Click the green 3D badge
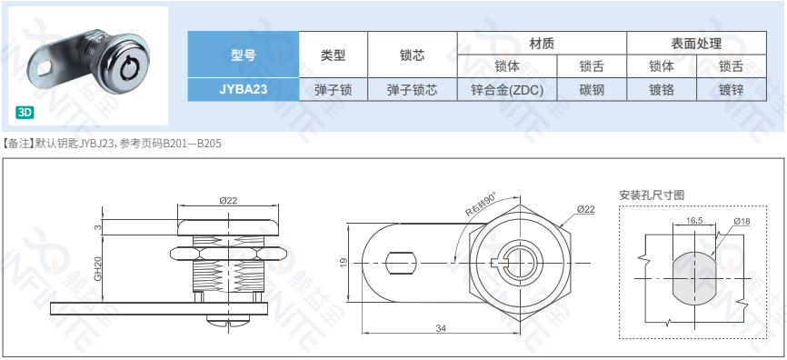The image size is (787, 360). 25,113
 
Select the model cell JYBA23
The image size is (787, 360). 244,90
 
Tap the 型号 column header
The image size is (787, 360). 244,55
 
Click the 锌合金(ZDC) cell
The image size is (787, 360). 507,90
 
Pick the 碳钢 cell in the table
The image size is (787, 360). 592,90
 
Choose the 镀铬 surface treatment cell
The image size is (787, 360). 662,90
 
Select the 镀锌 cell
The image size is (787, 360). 732,90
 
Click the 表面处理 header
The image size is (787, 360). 696,44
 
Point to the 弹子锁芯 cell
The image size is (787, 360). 412,90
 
